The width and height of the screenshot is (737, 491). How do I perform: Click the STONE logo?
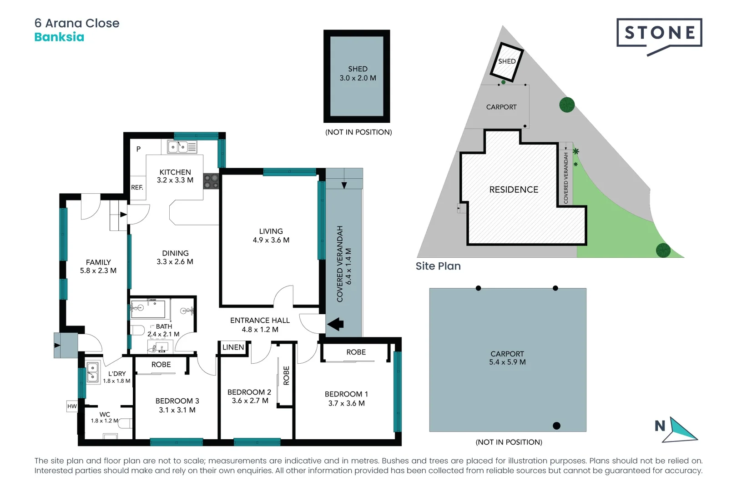click(x=659, y=33)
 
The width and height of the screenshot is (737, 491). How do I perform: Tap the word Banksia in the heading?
click(x=59, y=37)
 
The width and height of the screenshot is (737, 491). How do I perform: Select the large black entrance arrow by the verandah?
click(x=336, y=324)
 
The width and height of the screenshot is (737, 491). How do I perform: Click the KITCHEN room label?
click(x=175, y=172)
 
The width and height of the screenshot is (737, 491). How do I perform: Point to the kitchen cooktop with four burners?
click(x=211, y=181)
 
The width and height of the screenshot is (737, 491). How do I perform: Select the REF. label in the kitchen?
click(x=137, y=187)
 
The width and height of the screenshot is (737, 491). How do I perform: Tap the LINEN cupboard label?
click(x=233, y=347)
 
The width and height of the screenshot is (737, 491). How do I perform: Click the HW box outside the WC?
click(x=72, y=406)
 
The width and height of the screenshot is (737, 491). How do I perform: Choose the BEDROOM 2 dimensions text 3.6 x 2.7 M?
click(x=250, y=401)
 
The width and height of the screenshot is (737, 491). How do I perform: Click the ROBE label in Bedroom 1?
click(x=356, y=352)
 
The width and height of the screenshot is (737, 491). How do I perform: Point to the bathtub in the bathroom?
click(x=148, y=309)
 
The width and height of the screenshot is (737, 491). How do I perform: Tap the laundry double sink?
click(x=93, y=371)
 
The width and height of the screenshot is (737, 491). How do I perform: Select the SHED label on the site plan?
click(x=507, y=61)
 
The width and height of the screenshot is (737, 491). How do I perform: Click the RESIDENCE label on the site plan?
click(x=514, y=190)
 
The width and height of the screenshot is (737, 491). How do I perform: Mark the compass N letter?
click(x=660, y=426)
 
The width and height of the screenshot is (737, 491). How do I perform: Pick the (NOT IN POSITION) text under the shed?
click(x=358, y=132)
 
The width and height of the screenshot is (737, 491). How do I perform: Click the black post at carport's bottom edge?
click(x=556, y=426)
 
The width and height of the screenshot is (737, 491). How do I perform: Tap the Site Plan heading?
click(x=438, y=266)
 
